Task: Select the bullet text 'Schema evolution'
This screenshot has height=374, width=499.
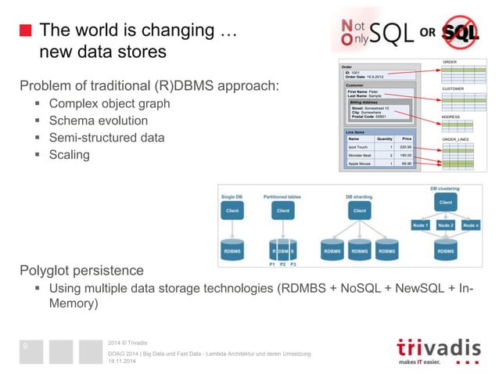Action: click(x=98, y=120)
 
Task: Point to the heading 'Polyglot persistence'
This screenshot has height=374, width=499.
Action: click(x=82, y=271)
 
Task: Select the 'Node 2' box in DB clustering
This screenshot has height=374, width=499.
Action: click(x=445, y=225)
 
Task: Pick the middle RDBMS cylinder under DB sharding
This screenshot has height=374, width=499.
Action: click(x=359, y=252)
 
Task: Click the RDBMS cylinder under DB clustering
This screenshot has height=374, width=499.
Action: click(x=444, y=252)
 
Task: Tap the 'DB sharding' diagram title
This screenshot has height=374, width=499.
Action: click(x=359, y=196)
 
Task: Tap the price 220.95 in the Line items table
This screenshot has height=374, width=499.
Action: click(x=404, y=147)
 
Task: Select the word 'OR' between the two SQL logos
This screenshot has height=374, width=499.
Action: click(x=429, y=33)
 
